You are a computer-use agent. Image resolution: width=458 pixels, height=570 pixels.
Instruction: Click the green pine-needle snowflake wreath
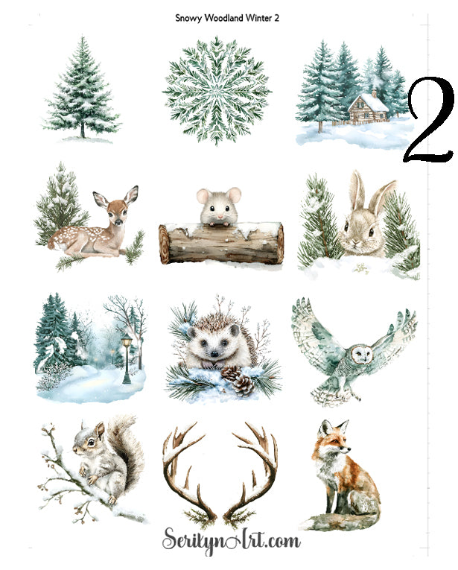pos(217,89)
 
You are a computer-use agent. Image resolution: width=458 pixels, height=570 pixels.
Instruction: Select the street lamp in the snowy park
pos(127,356)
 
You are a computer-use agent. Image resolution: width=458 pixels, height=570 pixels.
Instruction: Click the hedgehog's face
pos(204,352)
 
